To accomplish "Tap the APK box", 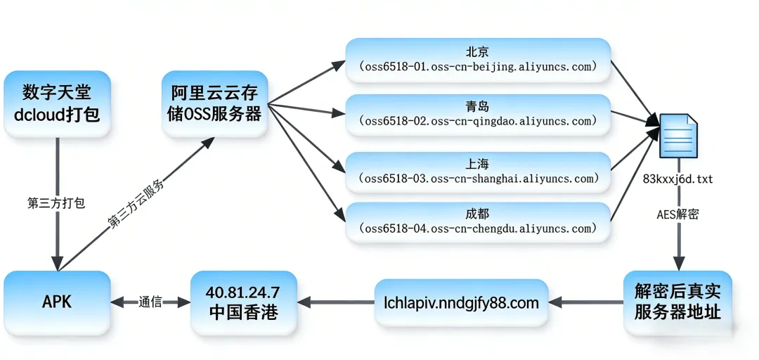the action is coord(57,302).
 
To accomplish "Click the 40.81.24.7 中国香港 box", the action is coord(243,302).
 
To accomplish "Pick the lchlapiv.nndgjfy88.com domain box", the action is coord(461,303).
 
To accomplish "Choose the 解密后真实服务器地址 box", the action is coord(677,302).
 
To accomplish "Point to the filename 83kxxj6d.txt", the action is coord(677,179).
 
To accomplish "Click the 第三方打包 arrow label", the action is coord(56,203).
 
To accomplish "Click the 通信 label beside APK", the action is coord(150,302).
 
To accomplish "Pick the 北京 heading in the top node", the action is coord(477,52).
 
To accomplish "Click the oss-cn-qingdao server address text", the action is coord(477,121).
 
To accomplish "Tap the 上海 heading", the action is coord(477,163).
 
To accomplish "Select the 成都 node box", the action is coord(477,221).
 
